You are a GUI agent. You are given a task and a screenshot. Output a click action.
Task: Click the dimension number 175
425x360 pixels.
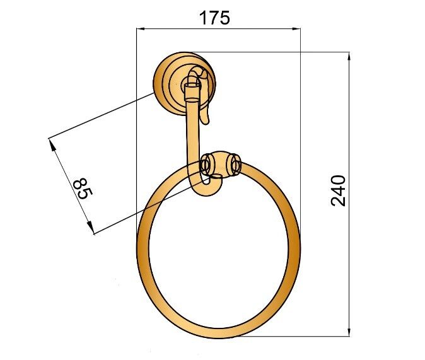(214, 18)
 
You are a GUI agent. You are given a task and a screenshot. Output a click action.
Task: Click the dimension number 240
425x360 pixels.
(338, 191)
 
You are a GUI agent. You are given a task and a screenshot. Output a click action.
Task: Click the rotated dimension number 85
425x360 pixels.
(83, 189)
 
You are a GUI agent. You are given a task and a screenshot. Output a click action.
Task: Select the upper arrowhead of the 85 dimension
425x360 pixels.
(52, 144)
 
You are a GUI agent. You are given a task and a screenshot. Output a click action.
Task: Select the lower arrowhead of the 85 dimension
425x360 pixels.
(90, 228)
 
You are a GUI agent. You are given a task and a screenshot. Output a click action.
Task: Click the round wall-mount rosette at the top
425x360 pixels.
(184, 83)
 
